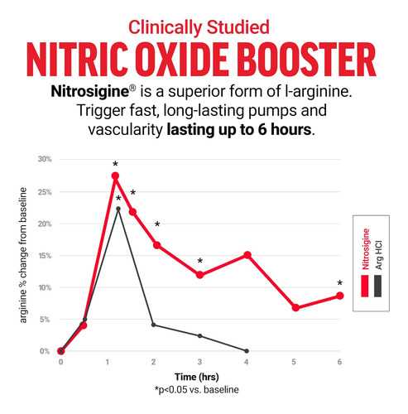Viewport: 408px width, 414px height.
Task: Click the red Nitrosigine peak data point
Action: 115,176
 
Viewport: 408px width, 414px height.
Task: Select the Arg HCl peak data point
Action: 118,209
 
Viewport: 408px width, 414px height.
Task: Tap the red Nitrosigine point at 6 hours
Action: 340,296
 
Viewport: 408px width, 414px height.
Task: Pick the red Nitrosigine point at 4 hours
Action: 247,255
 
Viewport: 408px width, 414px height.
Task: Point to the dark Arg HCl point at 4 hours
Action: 247,351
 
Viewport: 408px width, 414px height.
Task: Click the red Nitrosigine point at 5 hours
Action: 295,307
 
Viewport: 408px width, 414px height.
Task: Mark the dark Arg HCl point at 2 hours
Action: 154,325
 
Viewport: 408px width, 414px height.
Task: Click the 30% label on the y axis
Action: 45,159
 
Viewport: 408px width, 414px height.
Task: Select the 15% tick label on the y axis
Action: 45,256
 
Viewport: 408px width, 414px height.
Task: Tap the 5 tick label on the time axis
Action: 294,362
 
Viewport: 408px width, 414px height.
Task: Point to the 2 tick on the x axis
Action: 154,362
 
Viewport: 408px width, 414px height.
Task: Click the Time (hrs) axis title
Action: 197,377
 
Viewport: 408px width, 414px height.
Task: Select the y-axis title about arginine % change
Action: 23,255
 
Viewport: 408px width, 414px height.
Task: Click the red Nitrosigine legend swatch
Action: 365,286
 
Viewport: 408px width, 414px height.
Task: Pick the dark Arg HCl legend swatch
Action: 378,286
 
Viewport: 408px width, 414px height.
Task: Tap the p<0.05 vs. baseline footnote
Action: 197,390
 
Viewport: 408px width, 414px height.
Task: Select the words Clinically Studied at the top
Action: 199,27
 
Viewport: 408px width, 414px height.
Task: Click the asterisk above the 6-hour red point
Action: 340,283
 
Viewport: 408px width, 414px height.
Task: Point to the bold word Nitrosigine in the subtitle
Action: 90,91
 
